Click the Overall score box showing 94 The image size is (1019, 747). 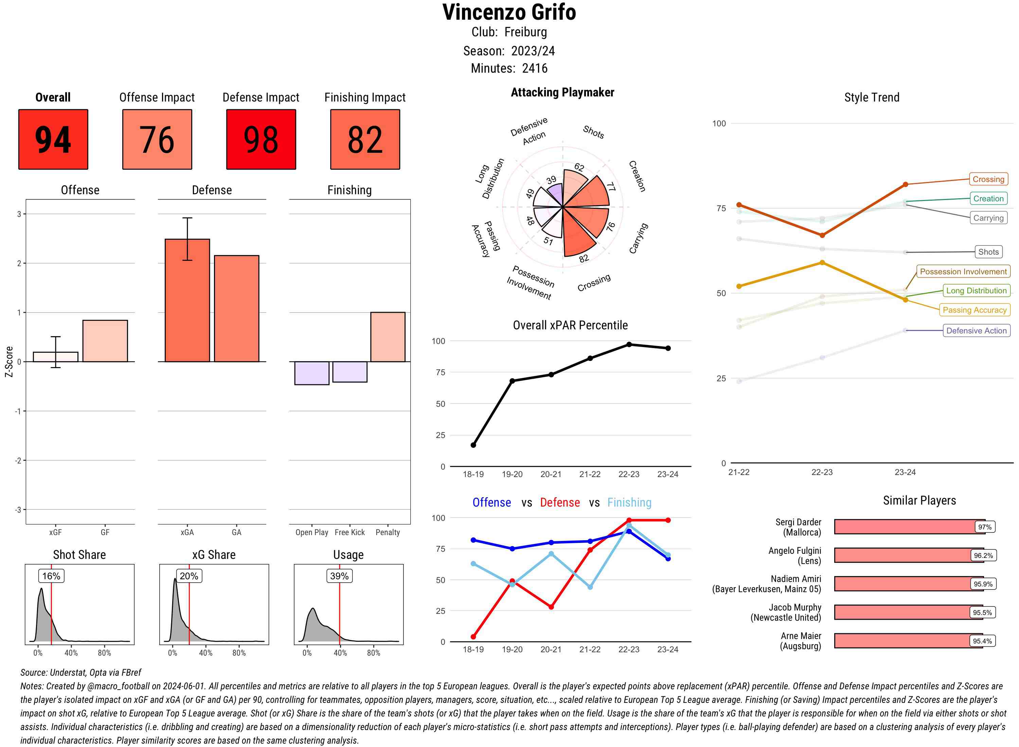click(53, 139)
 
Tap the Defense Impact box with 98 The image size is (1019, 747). click(261, 139)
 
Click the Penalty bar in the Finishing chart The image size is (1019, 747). click(388, 337)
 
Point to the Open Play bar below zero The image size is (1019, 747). click(311, 373)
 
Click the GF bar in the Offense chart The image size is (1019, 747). click(105, 341)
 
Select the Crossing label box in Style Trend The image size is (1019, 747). click(988, 179)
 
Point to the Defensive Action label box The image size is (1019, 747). click(976, 330)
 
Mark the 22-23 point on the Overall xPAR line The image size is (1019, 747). click(629, 345)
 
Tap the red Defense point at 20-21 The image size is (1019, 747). click(551, 607)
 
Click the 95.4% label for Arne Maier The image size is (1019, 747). click(982, 641)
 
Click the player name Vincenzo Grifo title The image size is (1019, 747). click(509, 12)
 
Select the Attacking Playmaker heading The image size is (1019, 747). click(562, 92)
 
